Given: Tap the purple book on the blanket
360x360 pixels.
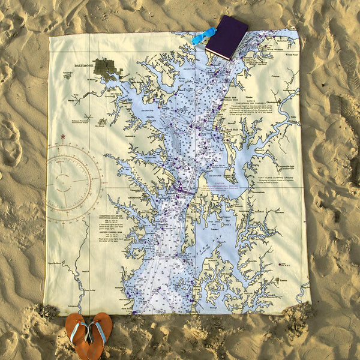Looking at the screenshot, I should pos(226,37).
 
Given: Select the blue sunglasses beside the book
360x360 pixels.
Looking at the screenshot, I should pos(203,35).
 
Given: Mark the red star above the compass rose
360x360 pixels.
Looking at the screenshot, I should pos(62,137).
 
